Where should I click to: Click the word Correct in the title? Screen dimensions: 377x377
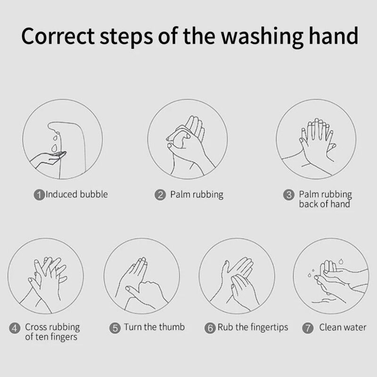[x=58, y=36]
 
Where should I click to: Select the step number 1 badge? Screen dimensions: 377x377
[x=39, y=195]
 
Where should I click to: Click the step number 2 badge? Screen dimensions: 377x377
[x=160, y=195]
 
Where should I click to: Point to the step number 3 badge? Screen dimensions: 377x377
[x=289, y=195]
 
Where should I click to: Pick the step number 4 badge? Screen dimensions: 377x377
[x=15, y=328]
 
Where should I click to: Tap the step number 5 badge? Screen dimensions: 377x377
[x=115, y=328]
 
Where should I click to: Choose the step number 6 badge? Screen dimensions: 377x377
[x=210, y=328]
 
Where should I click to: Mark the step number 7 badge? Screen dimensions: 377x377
[x=308, y=328]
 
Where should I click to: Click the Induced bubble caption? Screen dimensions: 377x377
[x=77, y=194]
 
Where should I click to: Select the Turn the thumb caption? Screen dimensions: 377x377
[x=155, y=327]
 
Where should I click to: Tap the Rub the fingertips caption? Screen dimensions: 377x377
[x=253, y=328]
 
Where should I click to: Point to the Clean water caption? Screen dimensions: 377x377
[x=343, y=327]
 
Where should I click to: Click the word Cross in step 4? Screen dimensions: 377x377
[x=34, y=327]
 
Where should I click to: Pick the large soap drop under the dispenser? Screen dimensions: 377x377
[x=55, y=148]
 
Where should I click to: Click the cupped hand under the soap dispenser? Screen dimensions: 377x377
[x=48, y=159]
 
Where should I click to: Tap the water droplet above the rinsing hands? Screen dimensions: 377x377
[x=341, y=262]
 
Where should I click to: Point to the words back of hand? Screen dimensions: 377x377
[x=325, y=204]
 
